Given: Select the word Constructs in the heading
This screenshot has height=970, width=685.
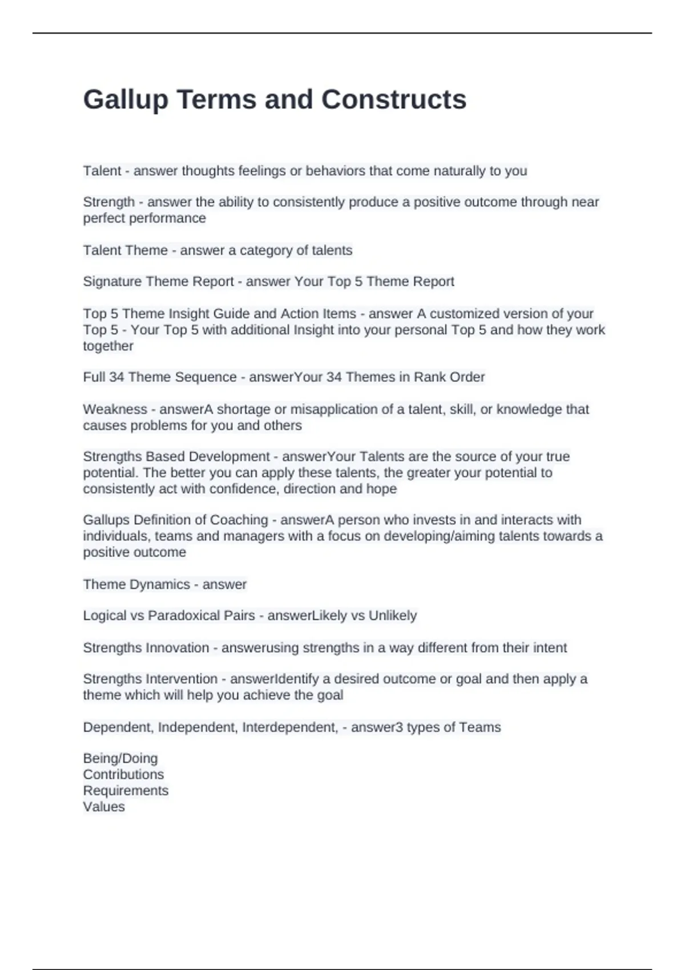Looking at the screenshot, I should point(394,100).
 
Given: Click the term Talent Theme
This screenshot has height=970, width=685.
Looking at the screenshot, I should point(125,250).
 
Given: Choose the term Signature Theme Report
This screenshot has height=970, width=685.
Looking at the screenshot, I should point(158,281).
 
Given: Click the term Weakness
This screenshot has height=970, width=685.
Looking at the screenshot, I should point(115,409).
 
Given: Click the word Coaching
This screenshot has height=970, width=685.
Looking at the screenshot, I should point(239,520).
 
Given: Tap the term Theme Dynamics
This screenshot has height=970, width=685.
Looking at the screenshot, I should point(136,584).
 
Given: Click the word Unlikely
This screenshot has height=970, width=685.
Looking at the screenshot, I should point(393,615).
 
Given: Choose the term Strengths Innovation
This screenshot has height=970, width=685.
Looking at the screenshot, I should point(146,648).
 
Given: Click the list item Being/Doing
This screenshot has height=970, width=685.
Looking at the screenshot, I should point(120,758).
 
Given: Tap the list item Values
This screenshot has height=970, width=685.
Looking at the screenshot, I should point(104,806).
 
